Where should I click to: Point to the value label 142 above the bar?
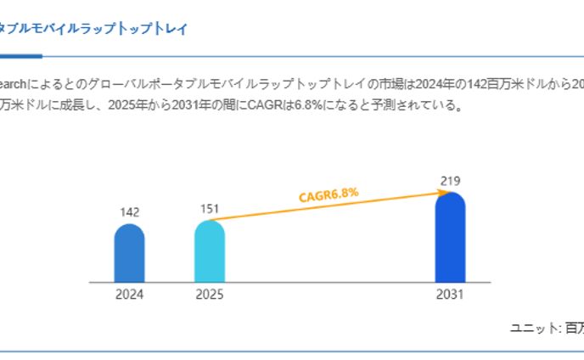click(129, 212)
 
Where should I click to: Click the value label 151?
click(210, 208)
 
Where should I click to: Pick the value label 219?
click(450, 180)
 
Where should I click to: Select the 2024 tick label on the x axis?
click(129, 295)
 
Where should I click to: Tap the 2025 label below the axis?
click(210, 295)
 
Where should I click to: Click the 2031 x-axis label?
click(450, 295)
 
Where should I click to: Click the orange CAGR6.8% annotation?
click(328, 194)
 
